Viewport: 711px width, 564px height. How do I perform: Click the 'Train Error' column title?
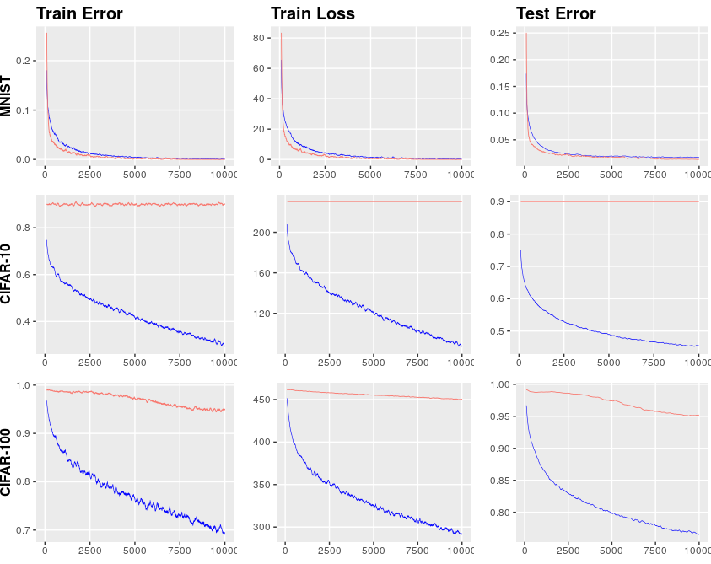point(79,13)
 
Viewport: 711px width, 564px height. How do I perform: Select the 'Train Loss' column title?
point(313,13)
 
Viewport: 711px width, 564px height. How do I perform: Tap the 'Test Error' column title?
point(556,13)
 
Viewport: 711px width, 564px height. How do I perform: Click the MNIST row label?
point(6,97)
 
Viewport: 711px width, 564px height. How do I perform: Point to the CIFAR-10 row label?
point(6,274)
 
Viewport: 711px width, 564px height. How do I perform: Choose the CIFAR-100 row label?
point(6,463)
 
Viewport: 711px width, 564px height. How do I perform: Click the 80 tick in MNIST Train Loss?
point(258,38)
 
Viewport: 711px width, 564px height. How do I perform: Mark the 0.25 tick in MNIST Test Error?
point(499,33)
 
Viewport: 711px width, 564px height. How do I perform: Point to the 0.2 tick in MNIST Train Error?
point(23,61)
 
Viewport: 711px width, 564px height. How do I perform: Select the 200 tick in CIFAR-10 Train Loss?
point(261,233)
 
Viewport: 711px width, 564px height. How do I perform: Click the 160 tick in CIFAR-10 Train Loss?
point(261,273)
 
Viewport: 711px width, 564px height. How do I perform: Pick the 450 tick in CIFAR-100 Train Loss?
point(261,400)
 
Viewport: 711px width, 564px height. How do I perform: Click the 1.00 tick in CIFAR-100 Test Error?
point(499,384)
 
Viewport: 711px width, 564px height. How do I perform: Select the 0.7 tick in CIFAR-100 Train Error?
point(23,530)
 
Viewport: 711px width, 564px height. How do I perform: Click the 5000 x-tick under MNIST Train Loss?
point(370,175)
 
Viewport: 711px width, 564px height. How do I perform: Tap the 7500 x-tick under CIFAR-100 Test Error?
point(655,551)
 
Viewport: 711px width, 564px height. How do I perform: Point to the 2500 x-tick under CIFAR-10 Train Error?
point(89,363)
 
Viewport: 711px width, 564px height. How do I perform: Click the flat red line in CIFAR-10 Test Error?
point(610,201)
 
